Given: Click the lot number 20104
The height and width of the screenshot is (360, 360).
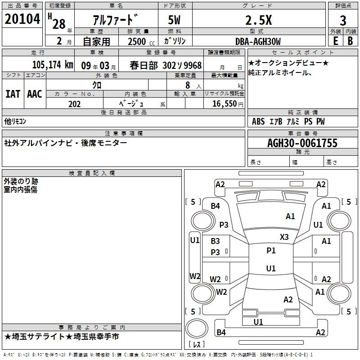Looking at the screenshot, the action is pos(22,19).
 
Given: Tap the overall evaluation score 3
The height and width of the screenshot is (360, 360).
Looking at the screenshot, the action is pos(343,20).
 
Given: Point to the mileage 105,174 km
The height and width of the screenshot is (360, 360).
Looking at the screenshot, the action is pos(53,65).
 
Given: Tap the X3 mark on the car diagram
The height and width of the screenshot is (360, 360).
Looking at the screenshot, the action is pos(284,237).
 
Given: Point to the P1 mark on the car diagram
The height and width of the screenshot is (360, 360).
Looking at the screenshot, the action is pos(271,251).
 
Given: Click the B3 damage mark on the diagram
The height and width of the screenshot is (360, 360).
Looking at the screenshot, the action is pos(216,241).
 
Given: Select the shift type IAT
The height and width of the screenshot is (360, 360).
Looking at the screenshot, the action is pos(13,94).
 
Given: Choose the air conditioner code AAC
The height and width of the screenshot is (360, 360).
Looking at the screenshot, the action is pos(35,94).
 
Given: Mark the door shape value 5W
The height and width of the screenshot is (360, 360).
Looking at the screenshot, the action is pos(175,20).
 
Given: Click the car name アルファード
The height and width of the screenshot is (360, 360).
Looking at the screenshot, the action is pos(115,20).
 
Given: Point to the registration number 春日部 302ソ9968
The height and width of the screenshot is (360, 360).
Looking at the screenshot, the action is pos(166,65).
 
